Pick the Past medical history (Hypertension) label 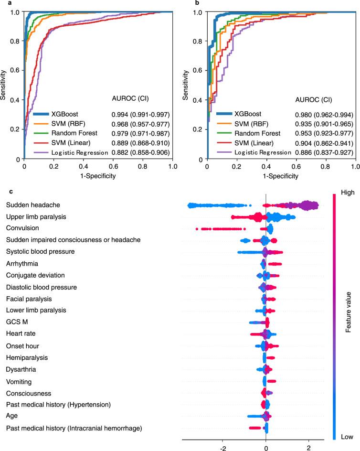[58, 405]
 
